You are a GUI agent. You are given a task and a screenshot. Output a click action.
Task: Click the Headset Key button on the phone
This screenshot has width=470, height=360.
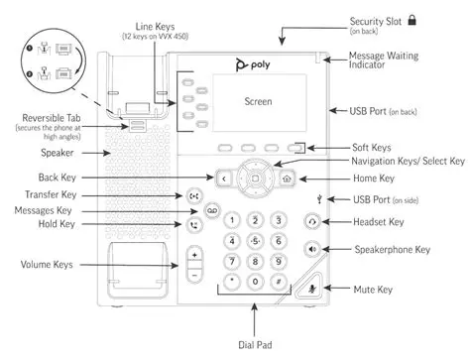click(x=287, y=222)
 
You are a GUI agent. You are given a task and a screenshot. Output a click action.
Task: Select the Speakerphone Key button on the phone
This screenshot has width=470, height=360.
click(x=286, y=250)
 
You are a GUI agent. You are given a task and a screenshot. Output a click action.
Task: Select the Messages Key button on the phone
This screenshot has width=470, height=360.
click(x=210, y=210)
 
